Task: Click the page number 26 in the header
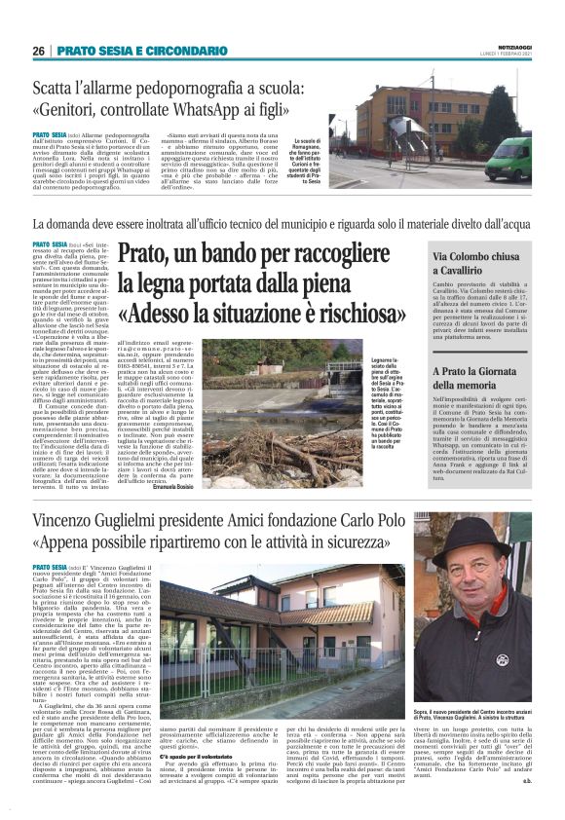(x=38, y=51)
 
